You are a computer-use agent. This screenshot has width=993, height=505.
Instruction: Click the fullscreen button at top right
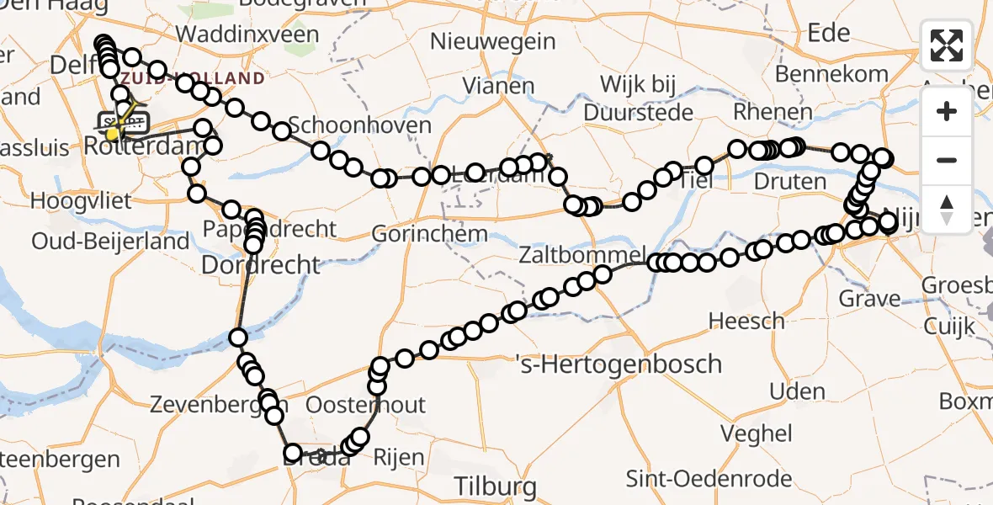pyautogui.click(x=947, y=45)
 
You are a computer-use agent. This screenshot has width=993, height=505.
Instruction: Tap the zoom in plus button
pyautogui.click(x=947, y=111)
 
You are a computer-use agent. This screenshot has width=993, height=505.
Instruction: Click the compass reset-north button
pyautogui.click(x=947, y=210)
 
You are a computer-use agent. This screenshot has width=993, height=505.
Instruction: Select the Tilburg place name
pyautogui.click(x=495, y=486)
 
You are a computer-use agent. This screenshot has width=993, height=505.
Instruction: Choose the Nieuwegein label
pyautogui.click(x=492, y=40)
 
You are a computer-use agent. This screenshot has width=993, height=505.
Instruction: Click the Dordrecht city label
pyautogui.click(x=262, y=266)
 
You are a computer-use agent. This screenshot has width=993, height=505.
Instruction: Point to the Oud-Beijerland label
pyautogui.click(x=110, y=242)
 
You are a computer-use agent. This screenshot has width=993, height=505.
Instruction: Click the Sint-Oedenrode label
pyautogui.click(x=709, y=479)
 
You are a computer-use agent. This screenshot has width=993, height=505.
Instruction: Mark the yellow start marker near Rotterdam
pyautogui.click(x=112, y=134)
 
